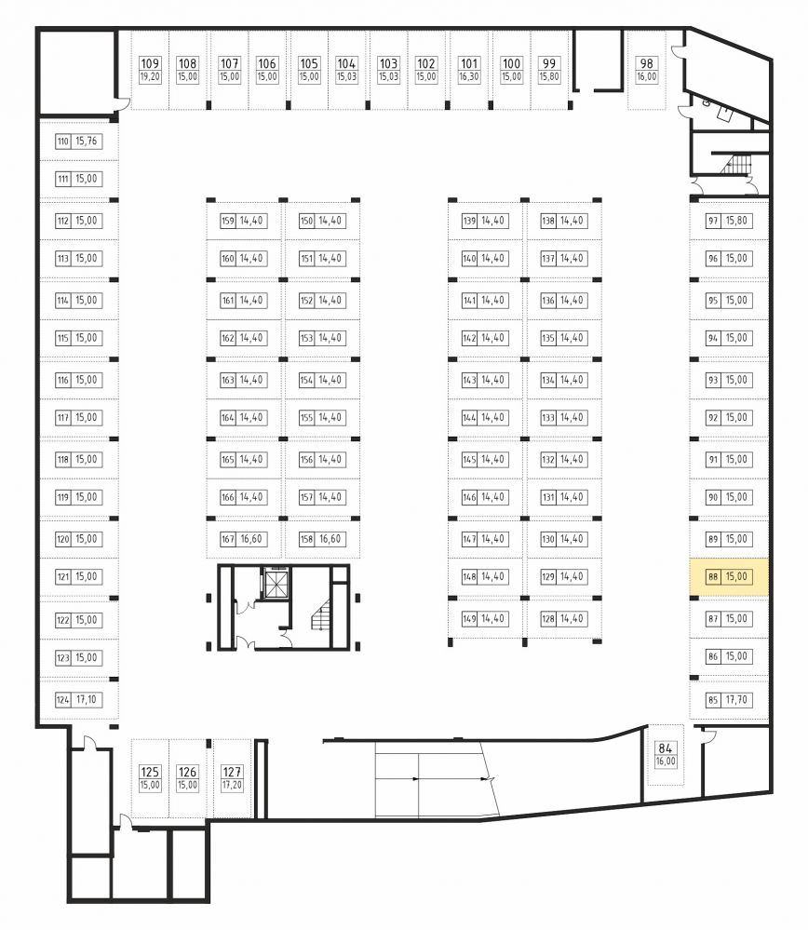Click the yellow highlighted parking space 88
pos(729,577)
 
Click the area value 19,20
pos(150,76)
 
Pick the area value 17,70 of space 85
pos(736,700)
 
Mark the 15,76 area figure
pos(87,142)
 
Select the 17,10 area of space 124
pos(86,700)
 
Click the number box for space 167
pos(228,539)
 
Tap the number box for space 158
pos(306,539)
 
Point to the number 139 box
pos(469,221)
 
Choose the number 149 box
pos(469,619)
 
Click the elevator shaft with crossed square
pos(276,585)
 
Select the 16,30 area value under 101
pos(468,76)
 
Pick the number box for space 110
pos(63,142)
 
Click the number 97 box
pos(713,221)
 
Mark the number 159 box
pos(228,221)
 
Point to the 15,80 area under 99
pos(549,76)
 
